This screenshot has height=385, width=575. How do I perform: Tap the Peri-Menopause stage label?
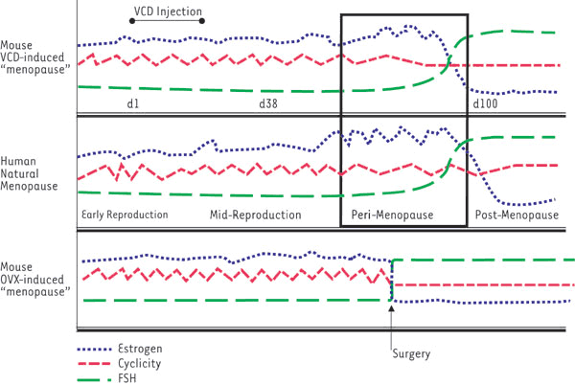tap(403, 215)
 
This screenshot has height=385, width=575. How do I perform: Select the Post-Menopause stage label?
tap(517, 215)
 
